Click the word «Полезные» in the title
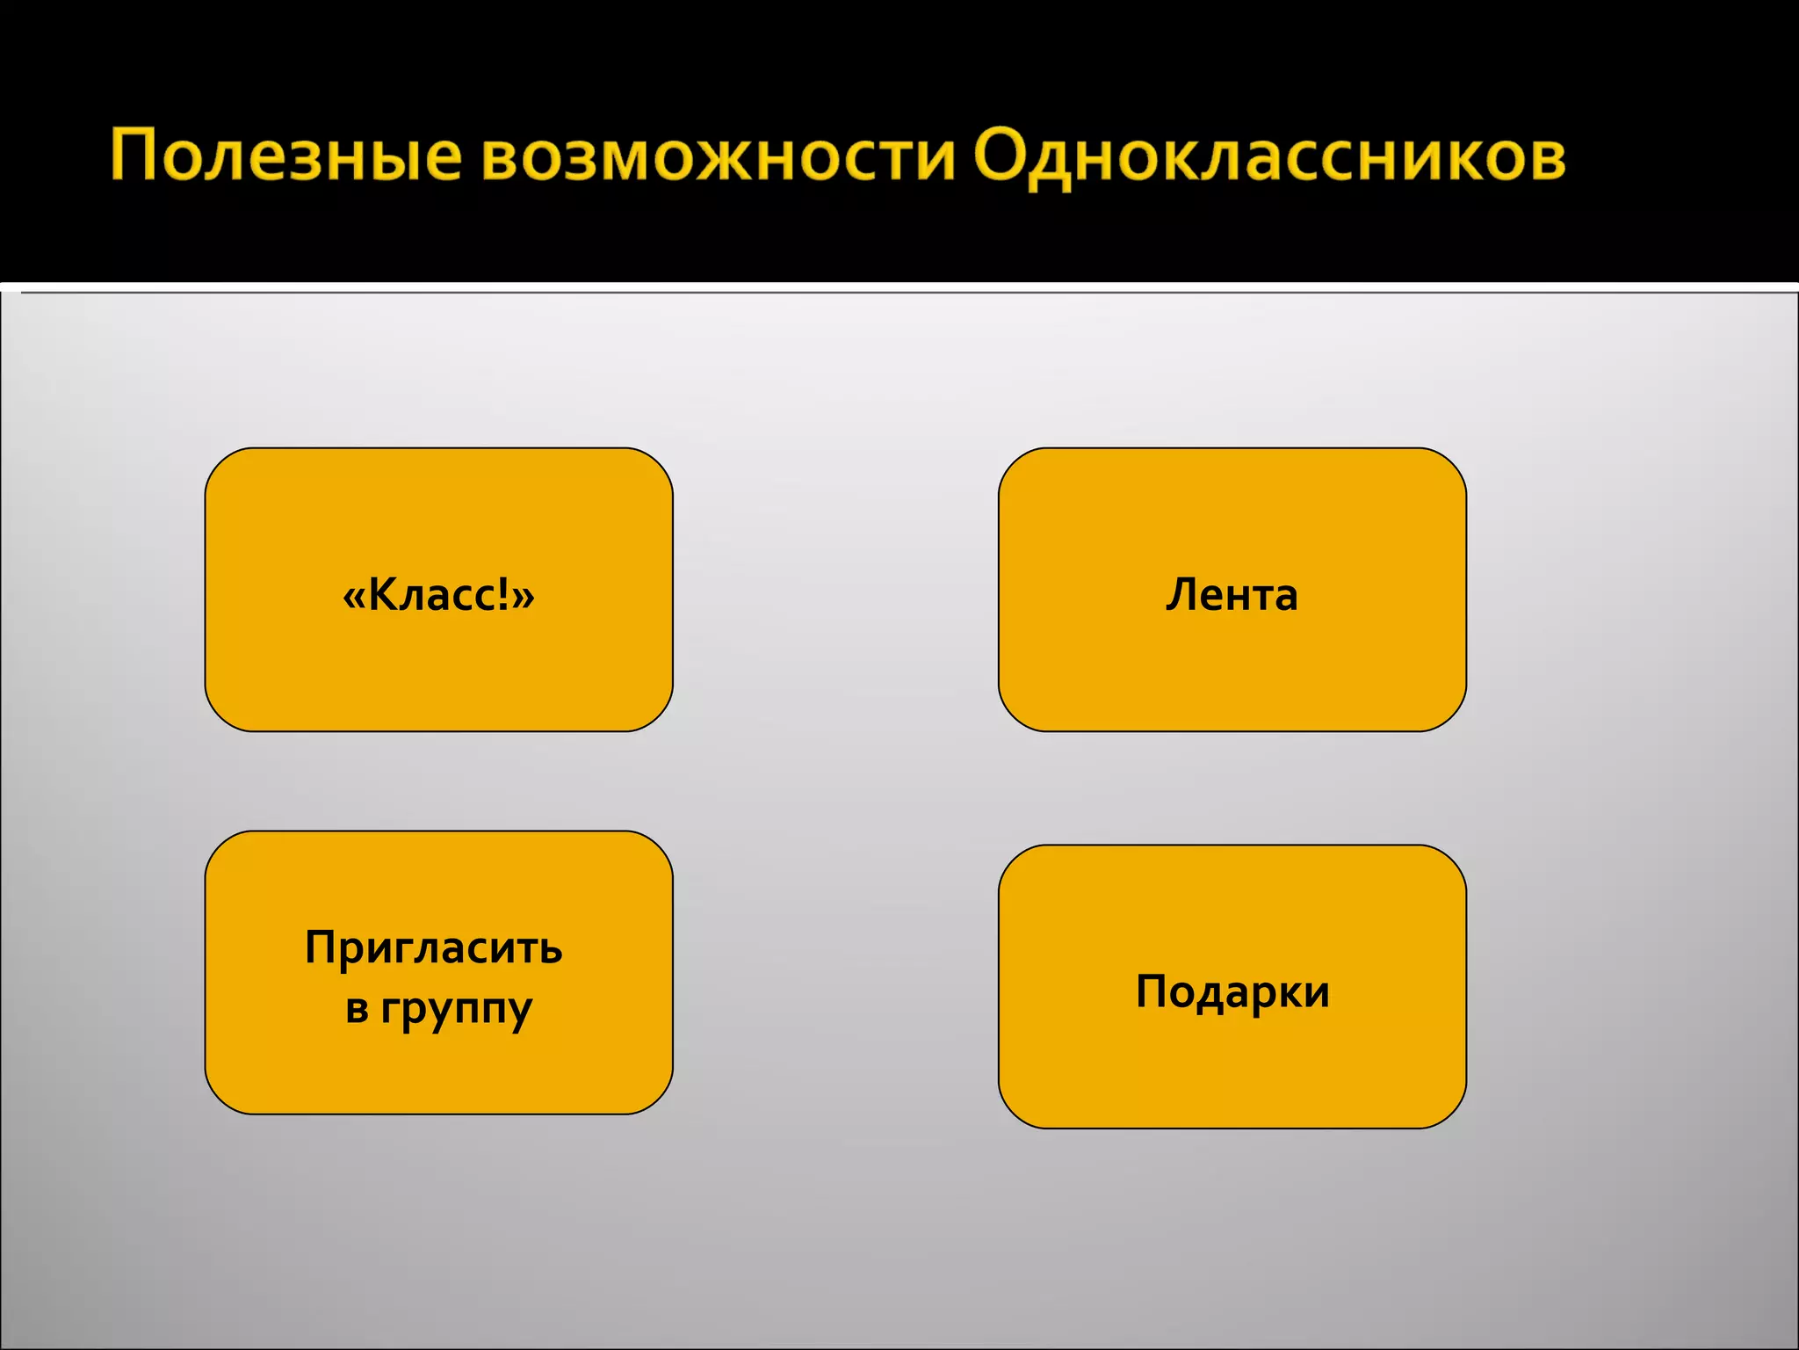click(285, 156)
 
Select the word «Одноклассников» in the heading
click(1269, 156)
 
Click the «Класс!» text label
click(438, 595)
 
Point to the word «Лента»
click(1232, 595)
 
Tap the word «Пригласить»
click(434, 948)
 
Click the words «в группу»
click(438, 1008)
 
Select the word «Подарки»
click(1232, 992)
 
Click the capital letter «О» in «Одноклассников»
click(1004, 155)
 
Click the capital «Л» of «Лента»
click(1182, 595)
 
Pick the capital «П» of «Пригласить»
click(322, 947)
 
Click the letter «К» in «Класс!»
click(384, 595)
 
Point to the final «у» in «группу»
click(519, 1011)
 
